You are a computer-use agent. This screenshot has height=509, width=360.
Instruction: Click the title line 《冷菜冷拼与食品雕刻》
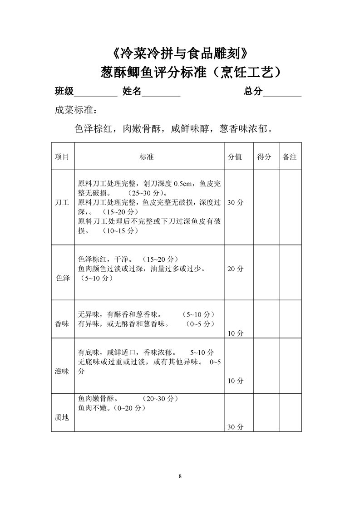click(180, 54)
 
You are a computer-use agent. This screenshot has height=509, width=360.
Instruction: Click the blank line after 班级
click(95, 92)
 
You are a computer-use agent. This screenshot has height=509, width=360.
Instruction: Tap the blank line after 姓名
click(161, 92)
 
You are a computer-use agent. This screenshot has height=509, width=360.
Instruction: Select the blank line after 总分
click(282, 92)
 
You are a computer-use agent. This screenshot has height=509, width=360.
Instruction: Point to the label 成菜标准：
click(76, 111)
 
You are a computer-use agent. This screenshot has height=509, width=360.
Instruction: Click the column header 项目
click(62, 157)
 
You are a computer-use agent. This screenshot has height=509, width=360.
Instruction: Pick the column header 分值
click(235, 157)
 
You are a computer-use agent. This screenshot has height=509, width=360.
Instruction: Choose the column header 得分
click(264, 157)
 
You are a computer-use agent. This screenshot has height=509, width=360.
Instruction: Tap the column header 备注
click(290, 157)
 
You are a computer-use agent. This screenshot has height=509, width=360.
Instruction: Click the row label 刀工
click(62, 203)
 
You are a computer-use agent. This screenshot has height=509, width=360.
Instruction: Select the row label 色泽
click(62, 278)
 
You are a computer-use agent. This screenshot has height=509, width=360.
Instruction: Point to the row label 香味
click(62, 324)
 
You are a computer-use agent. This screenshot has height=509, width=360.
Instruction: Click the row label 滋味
click(62, 371)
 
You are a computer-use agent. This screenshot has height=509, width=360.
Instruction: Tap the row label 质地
click(62, 417)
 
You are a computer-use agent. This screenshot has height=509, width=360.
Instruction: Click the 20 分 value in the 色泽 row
click(235, 269)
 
